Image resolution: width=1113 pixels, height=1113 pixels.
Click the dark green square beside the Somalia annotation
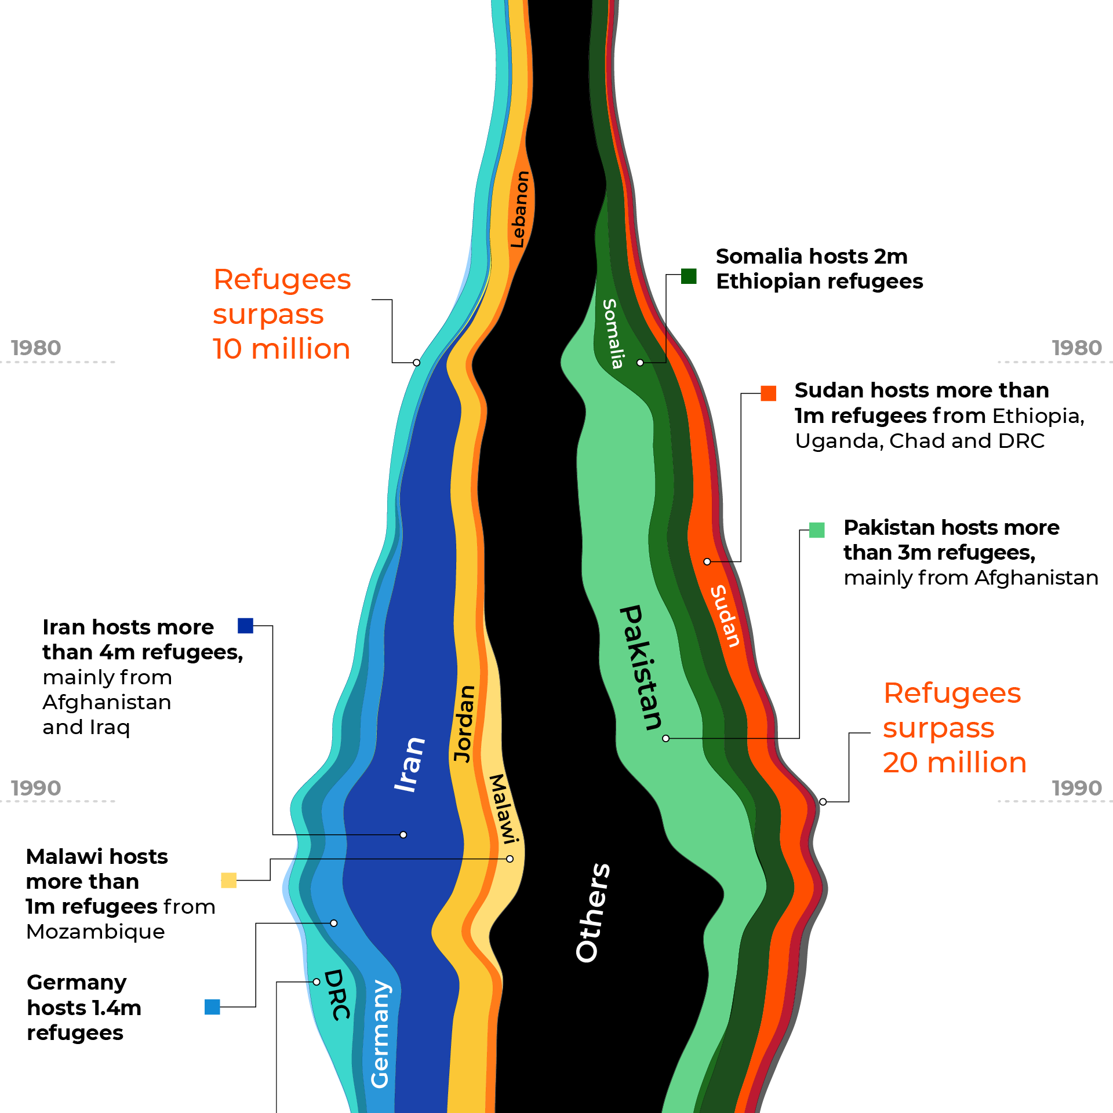coord(689,276)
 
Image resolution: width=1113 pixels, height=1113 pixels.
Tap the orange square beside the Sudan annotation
coord(769,393)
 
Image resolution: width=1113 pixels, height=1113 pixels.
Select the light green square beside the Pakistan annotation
coord(817,530)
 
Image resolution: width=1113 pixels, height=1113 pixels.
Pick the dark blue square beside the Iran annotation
coord(246,626)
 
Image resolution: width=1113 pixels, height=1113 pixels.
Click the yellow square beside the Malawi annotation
coord(229,881)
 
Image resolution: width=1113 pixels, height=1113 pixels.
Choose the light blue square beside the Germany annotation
coord(212,1007)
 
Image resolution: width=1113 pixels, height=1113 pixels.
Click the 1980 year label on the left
coord(36,348)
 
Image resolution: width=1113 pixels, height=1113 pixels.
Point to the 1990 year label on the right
coord(1076,789)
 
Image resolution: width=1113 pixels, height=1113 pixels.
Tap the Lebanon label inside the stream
coord(519,209)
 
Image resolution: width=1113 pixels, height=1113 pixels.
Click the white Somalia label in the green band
coord(613,334)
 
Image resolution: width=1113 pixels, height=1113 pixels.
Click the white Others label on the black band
coord(592,913)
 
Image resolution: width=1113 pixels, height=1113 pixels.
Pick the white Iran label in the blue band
coord(409,765)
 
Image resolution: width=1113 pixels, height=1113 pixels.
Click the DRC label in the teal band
coord(337,994)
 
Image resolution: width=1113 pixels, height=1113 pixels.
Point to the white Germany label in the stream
coord(380,1034)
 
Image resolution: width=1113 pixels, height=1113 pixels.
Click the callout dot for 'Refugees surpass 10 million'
coord(416,363)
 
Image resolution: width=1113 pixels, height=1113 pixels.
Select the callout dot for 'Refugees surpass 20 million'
coord(823,802)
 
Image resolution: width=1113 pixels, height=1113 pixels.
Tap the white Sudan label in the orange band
coord(725,616)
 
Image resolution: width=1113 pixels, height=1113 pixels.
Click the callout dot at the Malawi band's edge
coord(510,859)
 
